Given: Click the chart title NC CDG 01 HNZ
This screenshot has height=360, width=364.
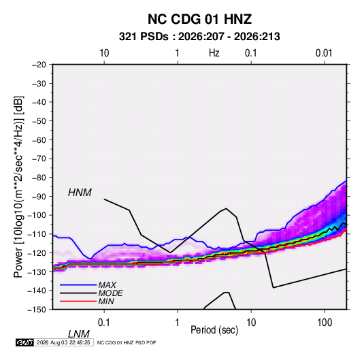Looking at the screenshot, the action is pyautogui.click(x=199, y=19).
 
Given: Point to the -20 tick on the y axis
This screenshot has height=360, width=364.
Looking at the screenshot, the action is pyautogui.click(x=39, y=65).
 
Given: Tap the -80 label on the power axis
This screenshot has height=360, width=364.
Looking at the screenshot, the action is pyautogui.click(x=39, y=178).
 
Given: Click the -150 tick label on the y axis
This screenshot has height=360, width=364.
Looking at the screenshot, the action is pyautogui.click(x=37, y=310).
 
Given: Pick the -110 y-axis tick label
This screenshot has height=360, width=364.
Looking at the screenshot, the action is pyautogui.click(x=37, y=234).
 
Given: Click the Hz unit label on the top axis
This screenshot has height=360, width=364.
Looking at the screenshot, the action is pyautogui.click(x=214, y=53).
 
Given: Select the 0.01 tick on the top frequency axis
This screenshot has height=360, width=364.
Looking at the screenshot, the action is pyautogui.click(x=324, y=53).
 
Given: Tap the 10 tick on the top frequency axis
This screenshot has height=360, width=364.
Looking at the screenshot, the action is pyautogui.click(x=104, y=53).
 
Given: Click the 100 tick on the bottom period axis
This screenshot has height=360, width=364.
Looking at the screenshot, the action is pyautogui.click(x=325, y=323).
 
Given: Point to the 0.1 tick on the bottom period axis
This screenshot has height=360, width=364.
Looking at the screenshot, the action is pyautogui.click(x=103, y=323).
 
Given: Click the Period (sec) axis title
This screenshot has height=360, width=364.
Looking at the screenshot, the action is pyautogui.click(x=214, y=330).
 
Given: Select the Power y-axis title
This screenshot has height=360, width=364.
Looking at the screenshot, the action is pyautogui.click(x=18, y=187).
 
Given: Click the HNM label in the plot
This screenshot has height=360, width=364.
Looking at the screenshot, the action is pyautogui.click(x=80, y=193).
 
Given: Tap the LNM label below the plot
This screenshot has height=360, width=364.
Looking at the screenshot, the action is pyautogui.click(x=78, y=334).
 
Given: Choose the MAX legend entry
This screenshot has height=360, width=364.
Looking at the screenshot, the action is pyautogui.click(x=107, y=285).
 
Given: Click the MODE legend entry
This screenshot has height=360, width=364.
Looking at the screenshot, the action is pyautogui.click(x=110, y=293).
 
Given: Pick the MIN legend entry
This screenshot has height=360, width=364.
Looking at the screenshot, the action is pyautogui.click(x=106, y=301).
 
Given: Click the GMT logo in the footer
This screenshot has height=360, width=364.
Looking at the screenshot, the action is pyautogui.click(x=25, y=342).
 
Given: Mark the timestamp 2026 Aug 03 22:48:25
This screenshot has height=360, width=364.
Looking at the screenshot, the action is pyautogui.click(x=63, y=342).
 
